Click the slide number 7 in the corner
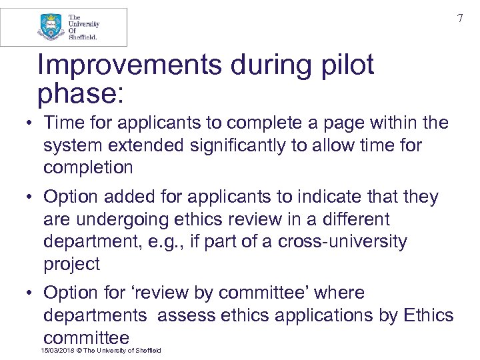pyautogui.click(x=459, y=19)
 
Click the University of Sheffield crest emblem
pyautogui.click(x=51, y=27)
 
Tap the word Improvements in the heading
pyautogui.click(x=129, y=65)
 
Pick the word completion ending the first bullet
pyautogui.click(x=88, y=167)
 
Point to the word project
pyautogui.click(x=71, y=264)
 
